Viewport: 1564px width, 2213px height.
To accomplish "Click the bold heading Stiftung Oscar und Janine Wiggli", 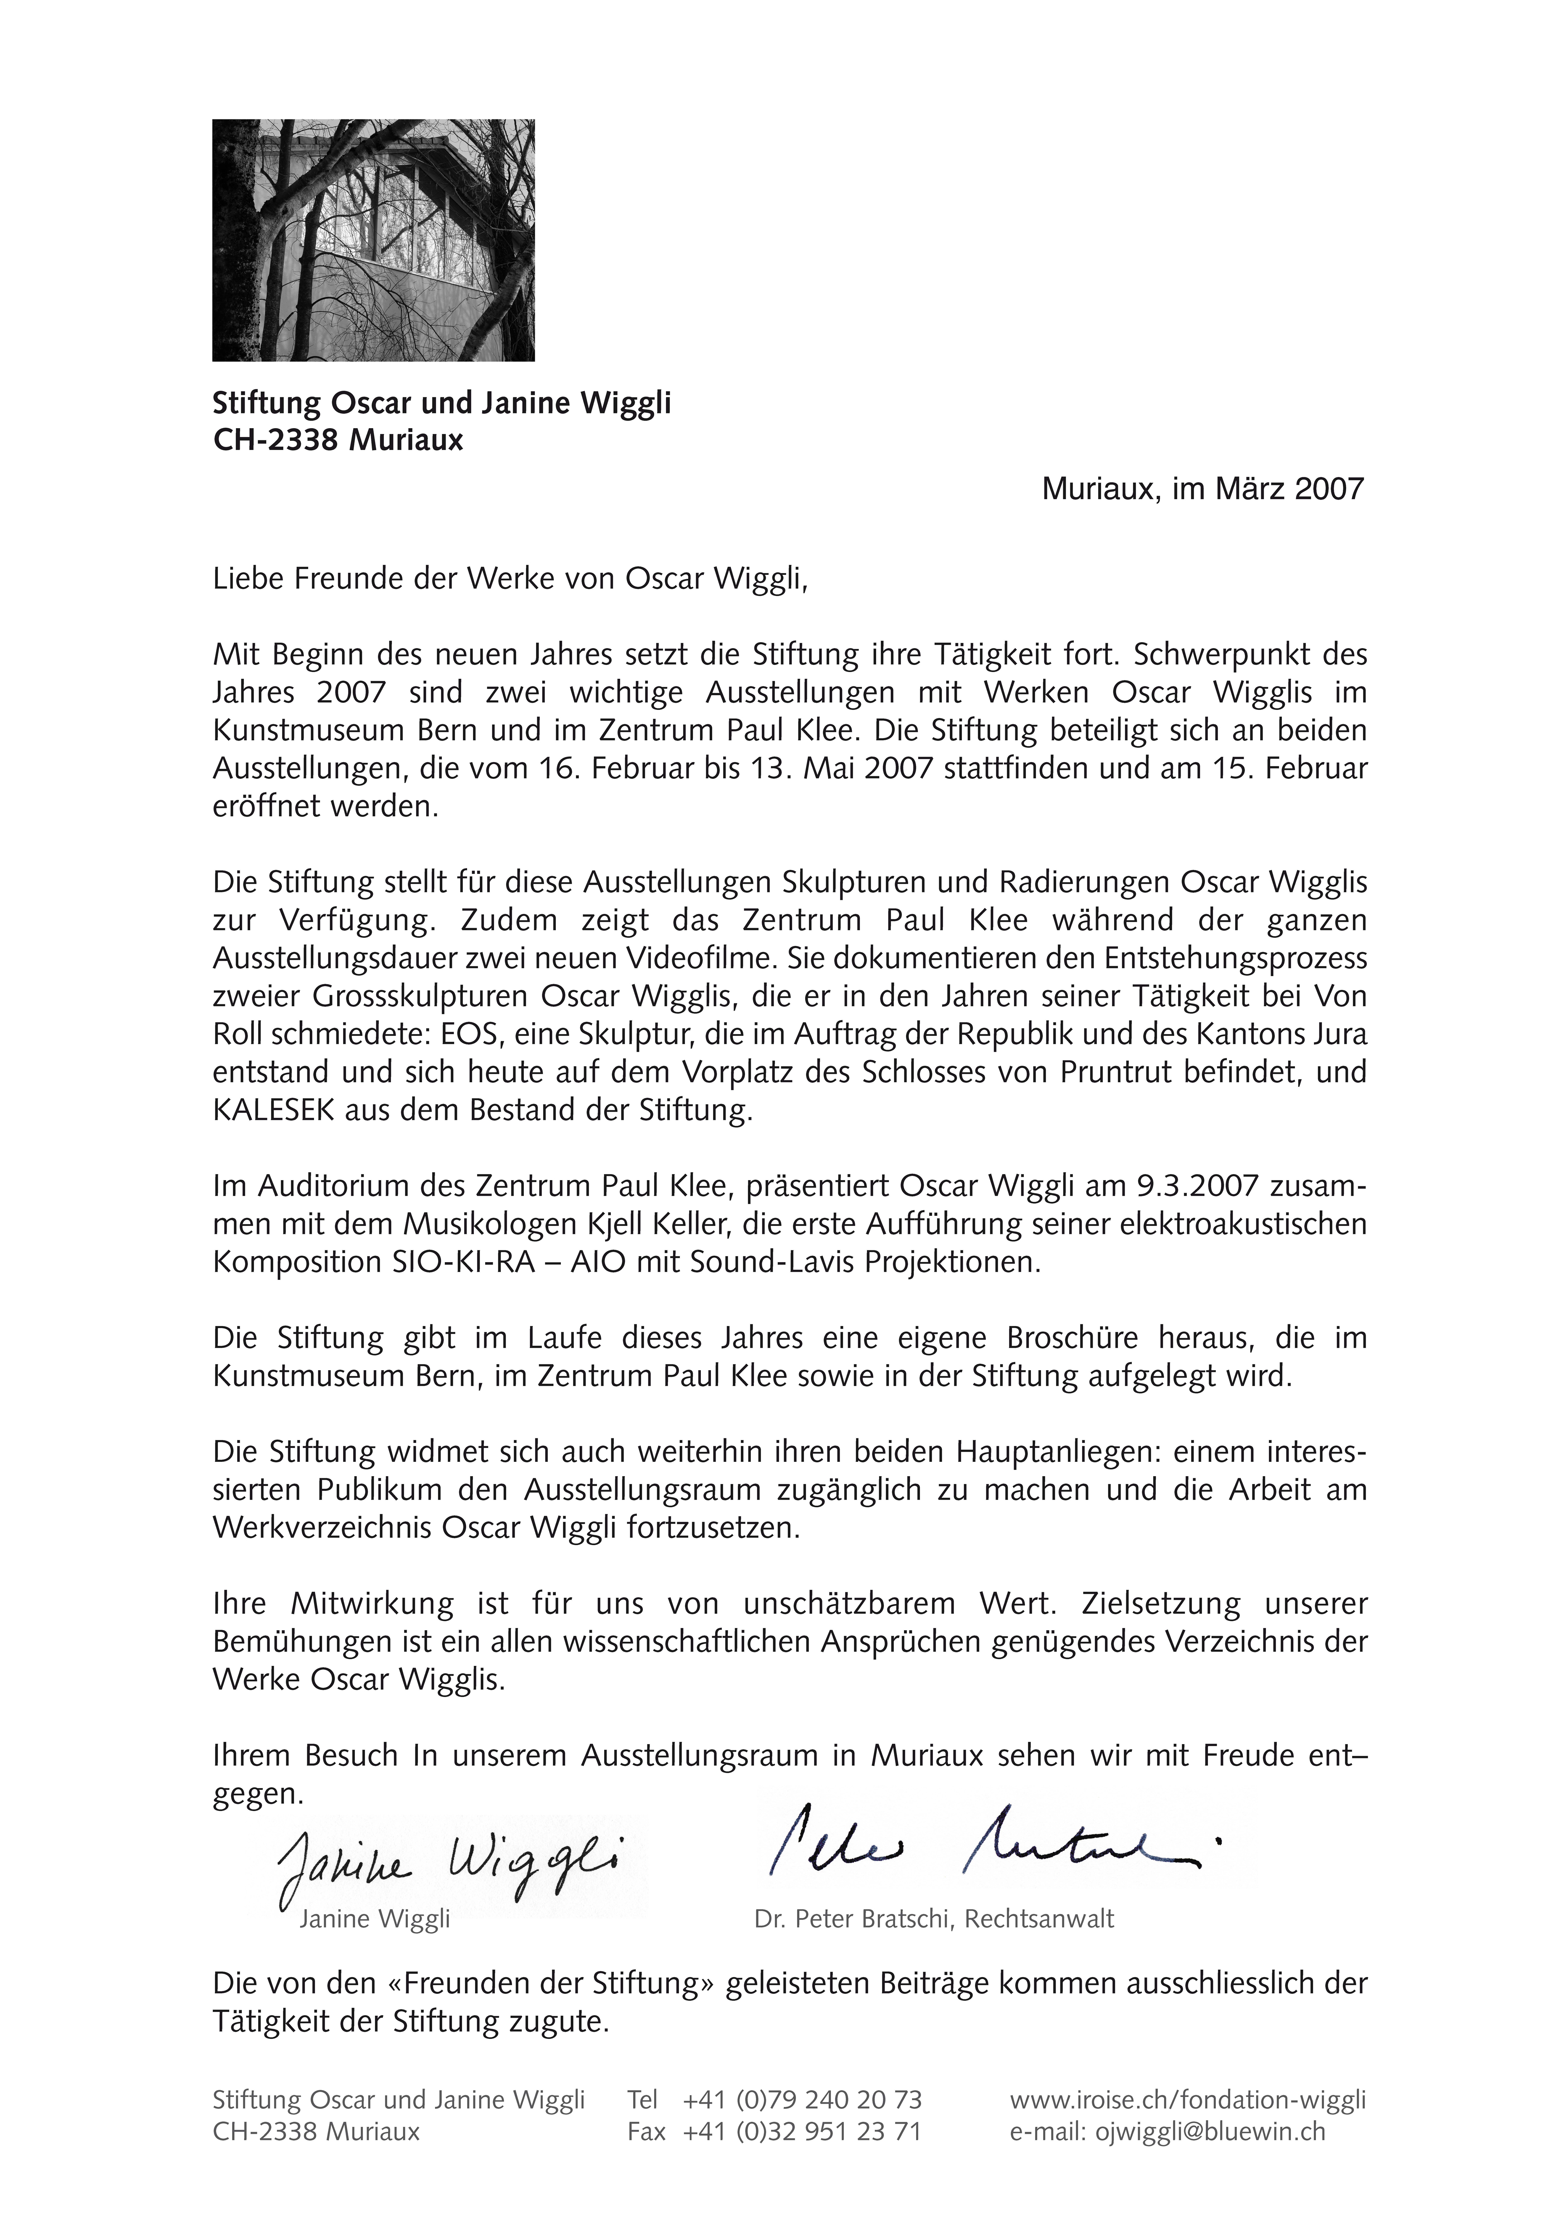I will click(441, 403).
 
